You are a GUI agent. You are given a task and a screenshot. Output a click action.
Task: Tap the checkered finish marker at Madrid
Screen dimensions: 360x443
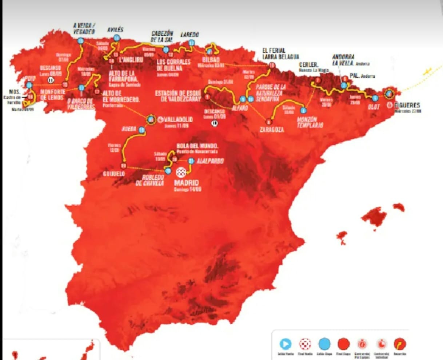point(181,172)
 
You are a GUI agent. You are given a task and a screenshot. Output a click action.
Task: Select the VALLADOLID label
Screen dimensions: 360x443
point(178,119)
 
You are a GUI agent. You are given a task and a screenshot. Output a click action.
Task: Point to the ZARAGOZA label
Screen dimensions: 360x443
point(272,130)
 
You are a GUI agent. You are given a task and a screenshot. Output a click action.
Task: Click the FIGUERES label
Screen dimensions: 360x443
point(407,105)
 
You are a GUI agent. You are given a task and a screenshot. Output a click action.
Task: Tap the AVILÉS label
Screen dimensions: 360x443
point(115,30)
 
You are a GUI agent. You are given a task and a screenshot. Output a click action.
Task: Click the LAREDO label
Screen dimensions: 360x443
point(190,35)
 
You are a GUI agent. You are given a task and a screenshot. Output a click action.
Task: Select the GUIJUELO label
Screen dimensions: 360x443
point(114,174)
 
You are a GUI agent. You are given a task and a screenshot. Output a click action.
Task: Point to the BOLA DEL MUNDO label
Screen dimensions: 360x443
point(197,146)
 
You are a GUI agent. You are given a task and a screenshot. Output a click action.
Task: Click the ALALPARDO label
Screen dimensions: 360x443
point(210,161)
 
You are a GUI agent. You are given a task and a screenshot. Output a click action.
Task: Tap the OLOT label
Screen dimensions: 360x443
point(374,107)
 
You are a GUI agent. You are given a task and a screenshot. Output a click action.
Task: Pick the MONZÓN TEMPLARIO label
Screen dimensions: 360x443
point(310,122)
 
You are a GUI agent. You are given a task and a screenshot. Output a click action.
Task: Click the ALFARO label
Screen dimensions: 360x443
point(240,108)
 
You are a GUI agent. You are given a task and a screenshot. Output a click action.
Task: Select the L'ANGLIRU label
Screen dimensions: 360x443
point(131,59)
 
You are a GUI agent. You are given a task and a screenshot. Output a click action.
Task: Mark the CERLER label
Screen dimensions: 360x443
point(309,65)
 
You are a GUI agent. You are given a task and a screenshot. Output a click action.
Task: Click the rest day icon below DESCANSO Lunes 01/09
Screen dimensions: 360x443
point(215,123)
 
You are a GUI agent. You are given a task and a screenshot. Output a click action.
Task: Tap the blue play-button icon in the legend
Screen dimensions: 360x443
point(286,344)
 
